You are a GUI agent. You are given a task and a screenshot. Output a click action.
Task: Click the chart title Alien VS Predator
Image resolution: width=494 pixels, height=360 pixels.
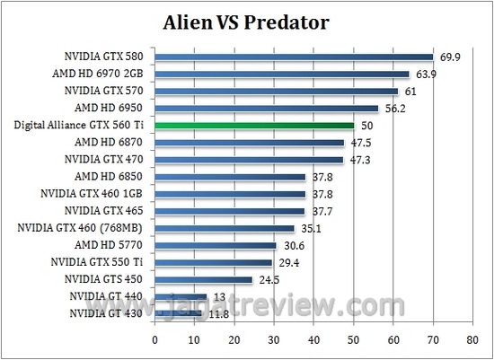(245, 21)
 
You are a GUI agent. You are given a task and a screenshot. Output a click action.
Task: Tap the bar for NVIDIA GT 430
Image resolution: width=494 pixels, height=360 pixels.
(178, 313)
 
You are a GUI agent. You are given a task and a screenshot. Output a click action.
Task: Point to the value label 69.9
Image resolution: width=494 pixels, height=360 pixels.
(449, 55)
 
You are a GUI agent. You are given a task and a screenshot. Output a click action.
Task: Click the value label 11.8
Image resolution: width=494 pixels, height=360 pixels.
(219, 312)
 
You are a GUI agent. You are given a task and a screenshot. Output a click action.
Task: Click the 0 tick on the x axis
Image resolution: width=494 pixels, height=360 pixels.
(155, 340)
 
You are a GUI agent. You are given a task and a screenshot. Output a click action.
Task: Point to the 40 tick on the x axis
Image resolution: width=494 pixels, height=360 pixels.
(313, 340)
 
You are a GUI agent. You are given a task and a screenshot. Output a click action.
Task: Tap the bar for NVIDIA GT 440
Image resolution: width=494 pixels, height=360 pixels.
(181, 296)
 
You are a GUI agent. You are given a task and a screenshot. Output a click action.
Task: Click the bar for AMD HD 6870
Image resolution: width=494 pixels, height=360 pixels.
(250, 143)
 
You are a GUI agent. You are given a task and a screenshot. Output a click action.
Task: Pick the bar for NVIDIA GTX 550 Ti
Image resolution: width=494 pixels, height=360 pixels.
(214, 262)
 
